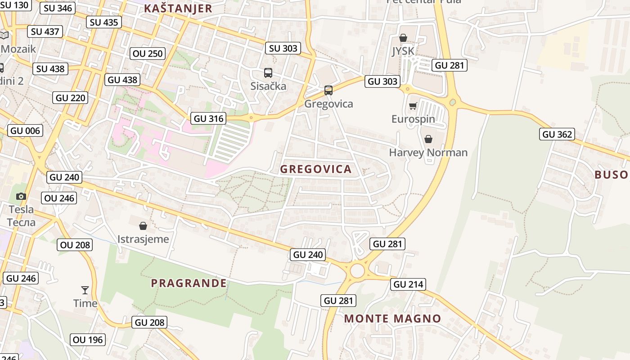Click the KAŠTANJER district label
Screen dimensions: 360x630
pos(178,9)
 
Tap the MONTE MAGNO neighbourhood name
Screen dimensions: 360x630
pos(392,319)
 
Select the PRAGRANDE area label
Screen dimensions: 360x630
pos(189,283)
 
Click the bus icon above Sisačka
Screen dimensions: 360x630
pos(268,72)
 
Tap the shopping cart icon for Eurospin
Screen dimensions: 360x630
pos(413,106)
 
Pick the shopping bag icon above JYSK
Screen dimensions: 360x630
pos(403,38)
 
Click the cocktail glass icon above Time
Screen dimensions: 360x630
pos(85,290)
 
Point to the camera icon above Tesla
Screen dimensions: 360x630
pos(21,196)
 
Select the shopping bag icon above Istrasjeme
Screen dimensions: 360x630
pos(143,225)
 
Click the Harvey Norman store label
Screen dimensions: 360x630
pos(428,153)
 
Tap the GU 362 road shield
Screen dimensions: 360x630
pos(557,134)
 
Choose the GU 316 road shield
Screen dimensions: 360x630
pos(209,119)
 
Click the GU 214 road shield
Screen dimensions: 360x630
pos(409,284)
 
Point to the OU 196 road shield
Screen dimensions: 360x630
pos(88,340)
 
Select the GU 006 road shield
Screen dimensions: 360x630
pos(25,131)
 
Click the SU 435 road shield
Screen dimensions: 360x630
pos(104,22)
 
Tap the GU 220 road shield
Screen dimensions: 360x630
pos(70,98)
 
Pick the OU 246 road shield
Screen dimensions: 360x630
pos(59,198)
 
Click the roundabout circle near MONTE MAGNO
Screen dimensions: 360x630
pos(357,271)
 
